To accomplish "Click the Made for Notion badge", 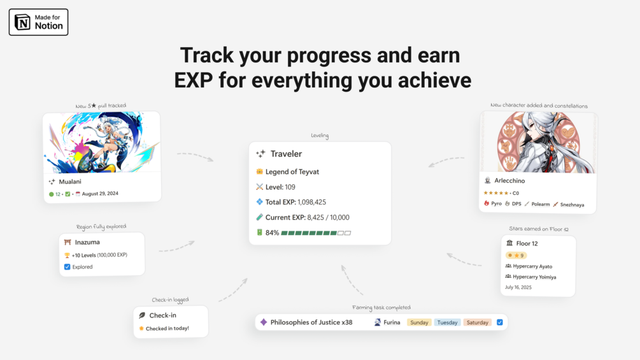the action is (x=38, y=22).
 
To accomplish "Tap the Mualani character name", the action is (x=70, y=182).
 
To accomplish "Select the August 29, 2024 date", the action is (x=100, y=194).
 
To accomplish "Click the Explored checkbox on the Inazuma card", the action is (x=68, y=267).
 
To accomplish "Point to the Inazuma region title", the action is (x=87, y=242).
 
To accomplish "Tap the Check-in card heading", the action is (x=163, y=315).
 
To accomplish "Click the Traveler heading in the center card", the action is (x=286, y=154).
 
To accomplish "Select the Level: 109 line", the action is (x=280, y=187).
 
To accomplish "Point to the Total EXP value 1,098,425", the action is (x=312, y=202).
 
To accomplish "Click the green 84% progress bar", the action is (x=316, y=233).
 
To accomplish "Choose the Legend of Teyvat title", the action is (x=292, y=172).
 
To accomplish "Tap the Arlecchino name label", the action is (x=509, y=180).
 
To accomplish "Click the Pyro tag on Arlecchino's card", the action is (x=496, y=204).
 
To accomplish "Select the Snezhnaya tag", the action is (x=572, y=205).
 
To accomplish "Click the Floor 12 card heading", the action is (x=527, y=243).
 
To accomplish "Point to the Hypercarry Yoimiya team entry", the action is (x=534, y=277).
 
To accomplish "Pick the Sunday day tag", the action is (x=419, y=322).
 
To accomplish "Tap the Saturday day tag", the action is (x=477, y=322).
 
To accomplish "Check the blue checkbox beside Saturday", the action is (x=500, y=322).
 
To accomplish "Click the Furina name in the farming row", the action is (x=392, y=322).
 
